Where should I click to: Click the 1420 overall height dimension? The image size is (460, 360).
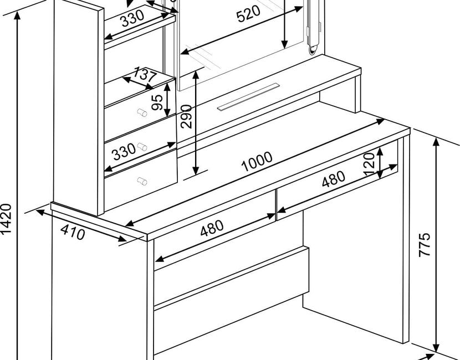tap(6, 219)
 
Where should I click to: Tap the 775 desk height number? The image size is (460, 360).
tap(424, 245)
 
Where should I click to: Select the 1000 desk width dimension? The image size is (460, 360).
tap(257, 162)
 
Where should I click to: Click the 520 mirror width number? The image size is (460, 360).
tap(248, 14)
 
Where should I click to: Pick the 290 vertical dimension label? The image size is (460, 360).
tap(186, 116)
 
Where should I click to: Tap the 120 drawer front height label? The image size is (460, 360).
tap(369, 164)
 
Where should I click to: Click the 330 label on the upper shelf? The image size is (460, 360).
tap(132, 18)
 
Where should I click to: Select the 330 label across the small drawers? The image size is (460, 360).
tap(124, 152)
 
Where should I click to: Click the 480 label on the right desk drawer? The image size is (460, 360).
tap(334, 179)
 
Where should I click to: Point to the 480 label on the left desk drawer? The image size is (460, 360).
tap(212, 228)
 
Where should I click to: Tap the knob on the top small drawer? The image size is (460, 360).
tap(142, 112)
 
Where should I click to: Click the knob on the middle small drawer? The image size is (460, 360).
tap(142, 147)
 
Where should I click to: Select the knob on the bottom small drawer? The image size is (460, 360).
tap(142, 181)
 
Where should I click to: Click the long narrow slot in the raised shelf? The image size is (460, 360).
tap(248, 97)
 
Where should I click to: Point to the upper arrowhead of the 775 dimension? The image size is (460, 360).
tap(436, 142)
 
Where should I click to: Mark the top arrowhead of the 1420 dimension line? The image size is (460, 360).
tap(18, 16)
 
